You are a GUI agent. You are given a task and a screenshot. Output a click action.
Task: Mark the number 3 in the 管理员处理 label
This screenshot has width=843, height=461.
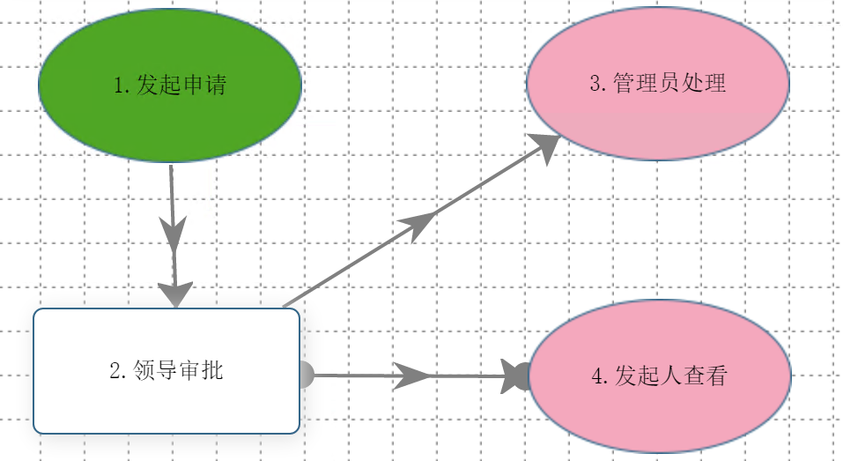point(595,85)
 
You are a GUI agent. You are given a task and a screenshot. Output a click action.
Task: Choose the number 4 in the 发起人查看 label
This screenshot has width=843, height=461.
point(598,376)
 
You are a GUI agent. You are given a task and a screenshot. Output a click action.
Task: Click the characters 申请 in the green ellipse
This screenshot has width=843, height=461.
point(203,85)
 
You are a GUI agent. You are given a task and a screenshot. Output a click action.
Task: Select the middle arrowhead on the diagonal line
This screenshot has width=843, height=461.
point(420,223)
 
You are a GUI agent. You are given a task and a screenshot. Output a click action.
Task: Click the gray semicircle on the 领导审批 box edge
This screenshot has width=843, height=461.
point(306,375)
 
